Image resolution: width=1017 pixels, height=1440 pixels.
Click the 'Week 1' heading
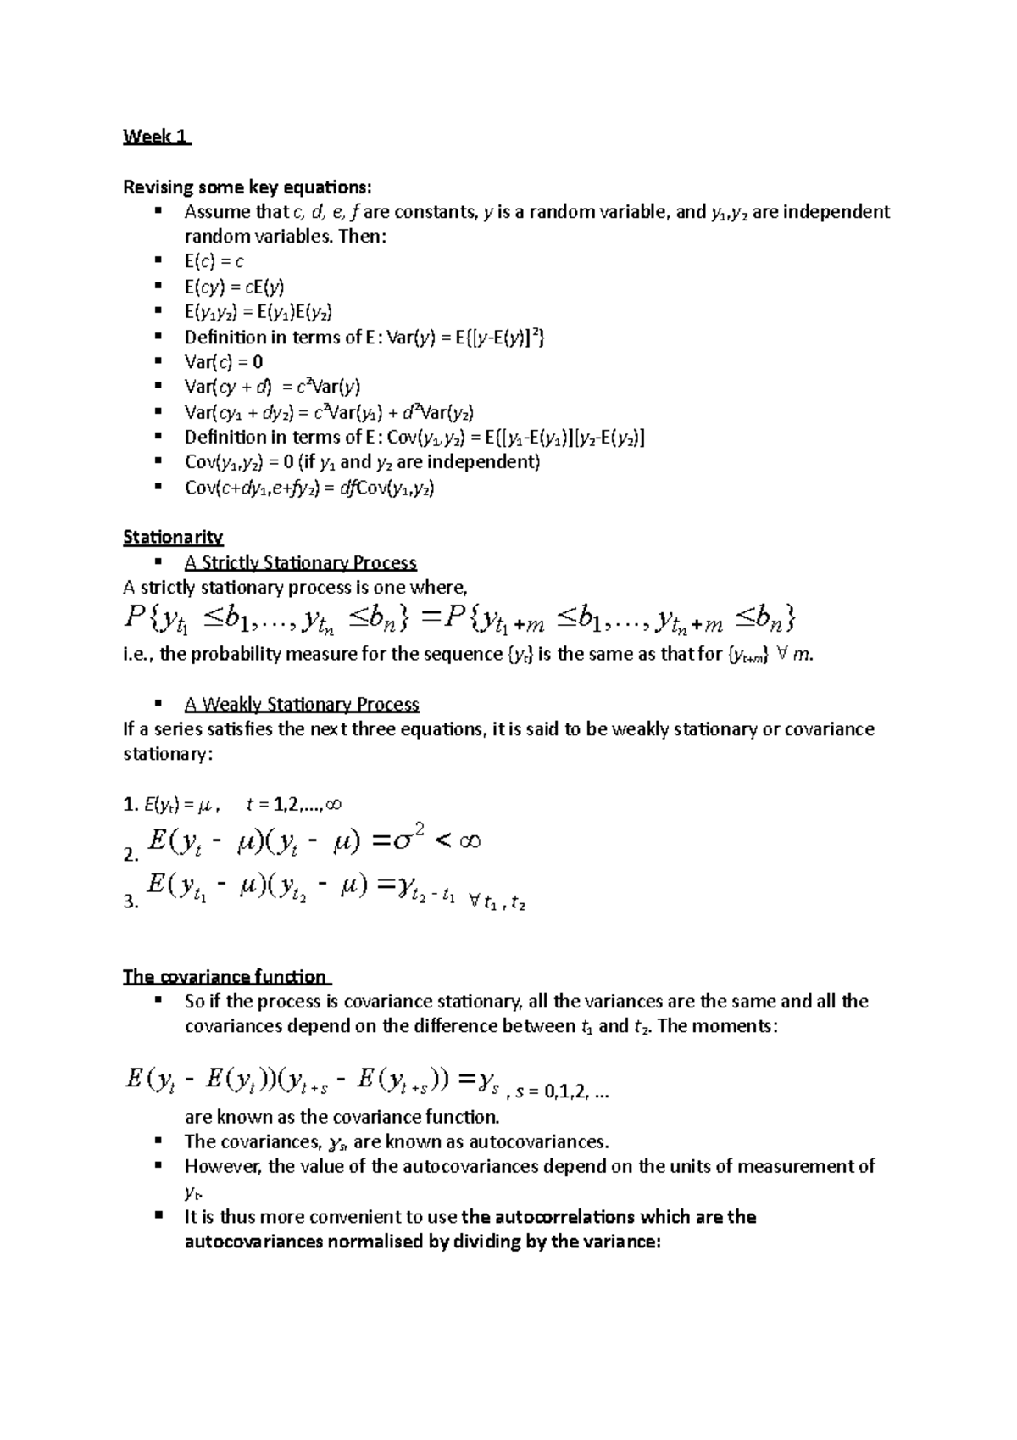[156, 137]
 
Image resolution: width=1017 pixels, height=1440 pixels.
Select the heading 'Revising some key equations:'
[247, 187]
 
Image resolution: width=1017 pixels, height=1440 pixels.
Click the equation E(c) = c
[214, 261]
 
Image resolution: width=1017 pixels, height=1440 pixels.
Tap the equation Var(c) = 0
[224, 361]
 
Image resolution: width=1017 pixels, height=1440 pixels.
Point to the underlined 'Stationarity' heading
[173, 537]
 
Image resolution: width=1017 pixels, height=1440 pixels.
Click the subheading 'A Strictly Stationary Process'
[300, 562]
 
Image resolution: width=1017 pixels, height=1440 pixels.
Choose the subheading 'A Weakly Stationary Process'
[301, 704]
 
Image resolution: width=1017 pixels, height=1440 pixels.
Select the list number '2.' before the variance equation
[131, 856]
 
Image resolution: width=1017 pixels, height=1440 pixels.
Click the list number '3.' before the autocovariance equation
[131, 902]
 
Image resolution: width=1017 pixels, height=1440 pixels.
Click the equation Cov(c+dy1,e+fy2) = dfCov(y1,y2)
[309, 487]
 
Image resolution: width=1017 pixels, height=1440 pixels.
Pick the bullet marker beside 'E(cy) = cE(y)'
[157, 286]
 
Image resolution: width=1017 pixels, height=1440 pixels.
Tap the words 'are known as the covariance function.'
[342, 1116]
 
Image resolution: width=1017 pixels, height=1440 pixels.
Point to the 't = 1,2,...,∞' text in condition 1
[293, 804]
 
